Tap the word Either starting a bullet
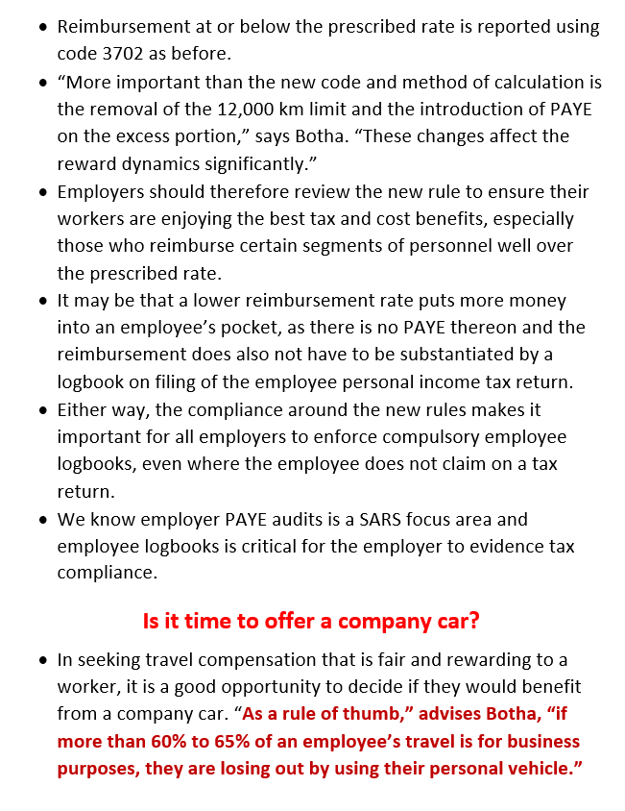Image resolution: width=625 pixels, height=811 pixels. click(x=83, y=410)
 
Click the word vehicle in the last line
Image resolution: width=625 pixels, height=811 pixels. click(x=540, y=769)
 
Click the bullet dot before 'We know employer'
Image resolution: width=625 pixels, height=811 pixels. click(x=43, y=520)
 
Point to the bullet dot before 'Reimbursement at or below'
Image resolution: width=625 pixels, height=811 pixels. click(x=43, y=27)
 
